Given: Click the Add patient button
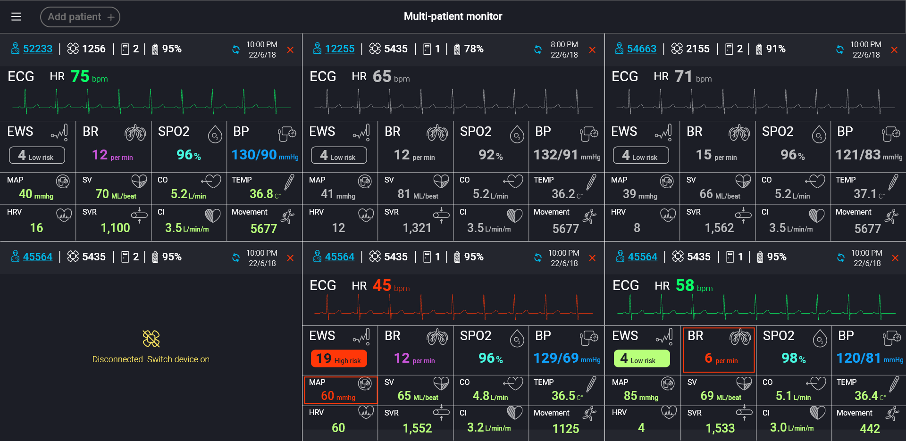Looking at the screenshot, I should coord(80,17).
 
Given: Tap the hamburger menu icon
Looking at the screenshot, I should coord(16,17).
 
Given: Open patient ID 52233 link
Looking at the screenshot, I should coord(38,49).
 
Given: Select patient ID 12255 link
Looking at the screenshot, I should coord(340,49).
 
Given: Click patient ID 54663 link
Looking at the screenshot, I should coord(642,49).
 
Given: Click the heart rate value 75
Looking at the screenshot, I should coord(80,76).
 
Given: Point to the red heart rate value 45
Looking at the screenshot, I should coord(382,285).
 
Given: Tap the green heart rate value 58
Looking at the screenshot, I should coord(685,285).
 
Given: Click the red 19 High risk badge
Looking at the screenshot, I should coord(339,359).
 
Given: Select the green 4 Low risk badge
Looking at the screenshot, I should coord(641,359).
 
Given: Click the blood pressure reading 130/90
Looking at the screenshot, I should coord(254,155).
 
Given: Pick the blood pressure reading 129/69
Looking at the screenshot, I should coord(556,358).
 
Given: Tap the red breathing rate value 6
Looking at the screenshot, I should coord(708,358).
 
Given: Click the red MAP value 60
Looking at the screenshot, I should coord(327,396).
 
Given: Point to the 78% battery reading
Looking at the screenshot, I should coord(473,49).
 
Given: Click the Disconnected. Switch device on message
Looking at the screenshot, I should coord(151,359).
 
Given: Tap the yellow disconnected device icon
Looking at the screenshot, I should coord(151,338).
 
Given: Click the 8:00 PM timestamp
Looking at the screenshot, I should coord(564,45).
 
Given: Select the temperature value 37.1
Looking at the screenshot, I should coord(865,194).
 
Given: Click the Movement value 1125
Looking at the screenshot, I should coord(565,428).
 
